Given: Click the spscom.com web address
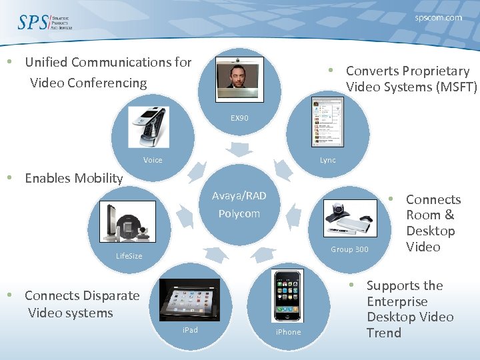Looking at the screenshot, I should click(x=438, y=18).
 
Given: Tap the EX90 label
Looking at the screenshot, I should click(x=239, y=118).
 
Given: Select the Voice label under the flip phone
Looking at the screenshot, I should click(x=153, y=160).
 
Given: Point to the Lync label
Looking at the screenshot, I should click(x=328, y=160).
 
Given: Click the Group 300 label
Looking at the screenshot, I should click(x=349, y=249).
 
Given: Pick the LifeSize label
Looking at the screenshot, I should click(x=129, y=256).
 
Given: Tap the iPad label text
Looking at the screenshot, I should click(x=190, y=329).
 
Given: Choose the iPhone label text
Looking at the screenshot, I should click(x=288, y=332).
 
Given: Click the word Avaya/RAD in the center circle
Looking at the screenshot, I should click(x=239, y=196).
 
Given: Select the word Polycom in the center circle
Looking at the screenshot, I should click(x=239, y=214).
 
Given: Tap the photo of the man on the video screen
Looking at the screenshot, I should click(x=239, y=79).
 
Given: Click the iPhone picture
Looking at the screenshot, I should click(x=288, y=296).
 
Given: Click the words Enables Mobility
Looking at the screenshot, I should click(x=73, y=178).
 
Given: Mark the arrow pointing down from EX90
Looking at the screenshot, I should click(x=239, y=147).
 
